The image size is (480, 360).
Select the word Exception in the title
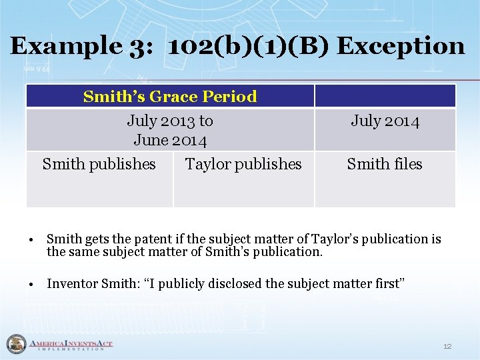[x=401, y=46]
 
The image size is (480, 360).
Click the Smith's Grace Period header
[x=170, y=97]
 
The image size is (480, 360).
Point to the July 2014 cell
[x=385, y=121]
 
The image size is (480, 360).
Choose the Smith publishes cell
[x=99, y=164]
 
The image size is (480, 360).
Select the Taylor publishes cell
[x=243, y=164]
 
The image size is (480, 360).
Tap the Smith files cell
[x=385, y=164]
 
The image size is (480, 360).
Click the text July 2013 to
[x=170, y=121]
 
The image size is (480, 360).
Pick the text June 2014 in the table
[x=170, y=140]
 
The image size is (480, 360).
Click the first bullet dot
[x=31, y=239]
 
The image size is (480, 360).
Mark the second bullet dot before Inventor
[x=31, y=284]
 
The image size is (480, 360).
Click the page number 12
[x=447, y=346]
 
